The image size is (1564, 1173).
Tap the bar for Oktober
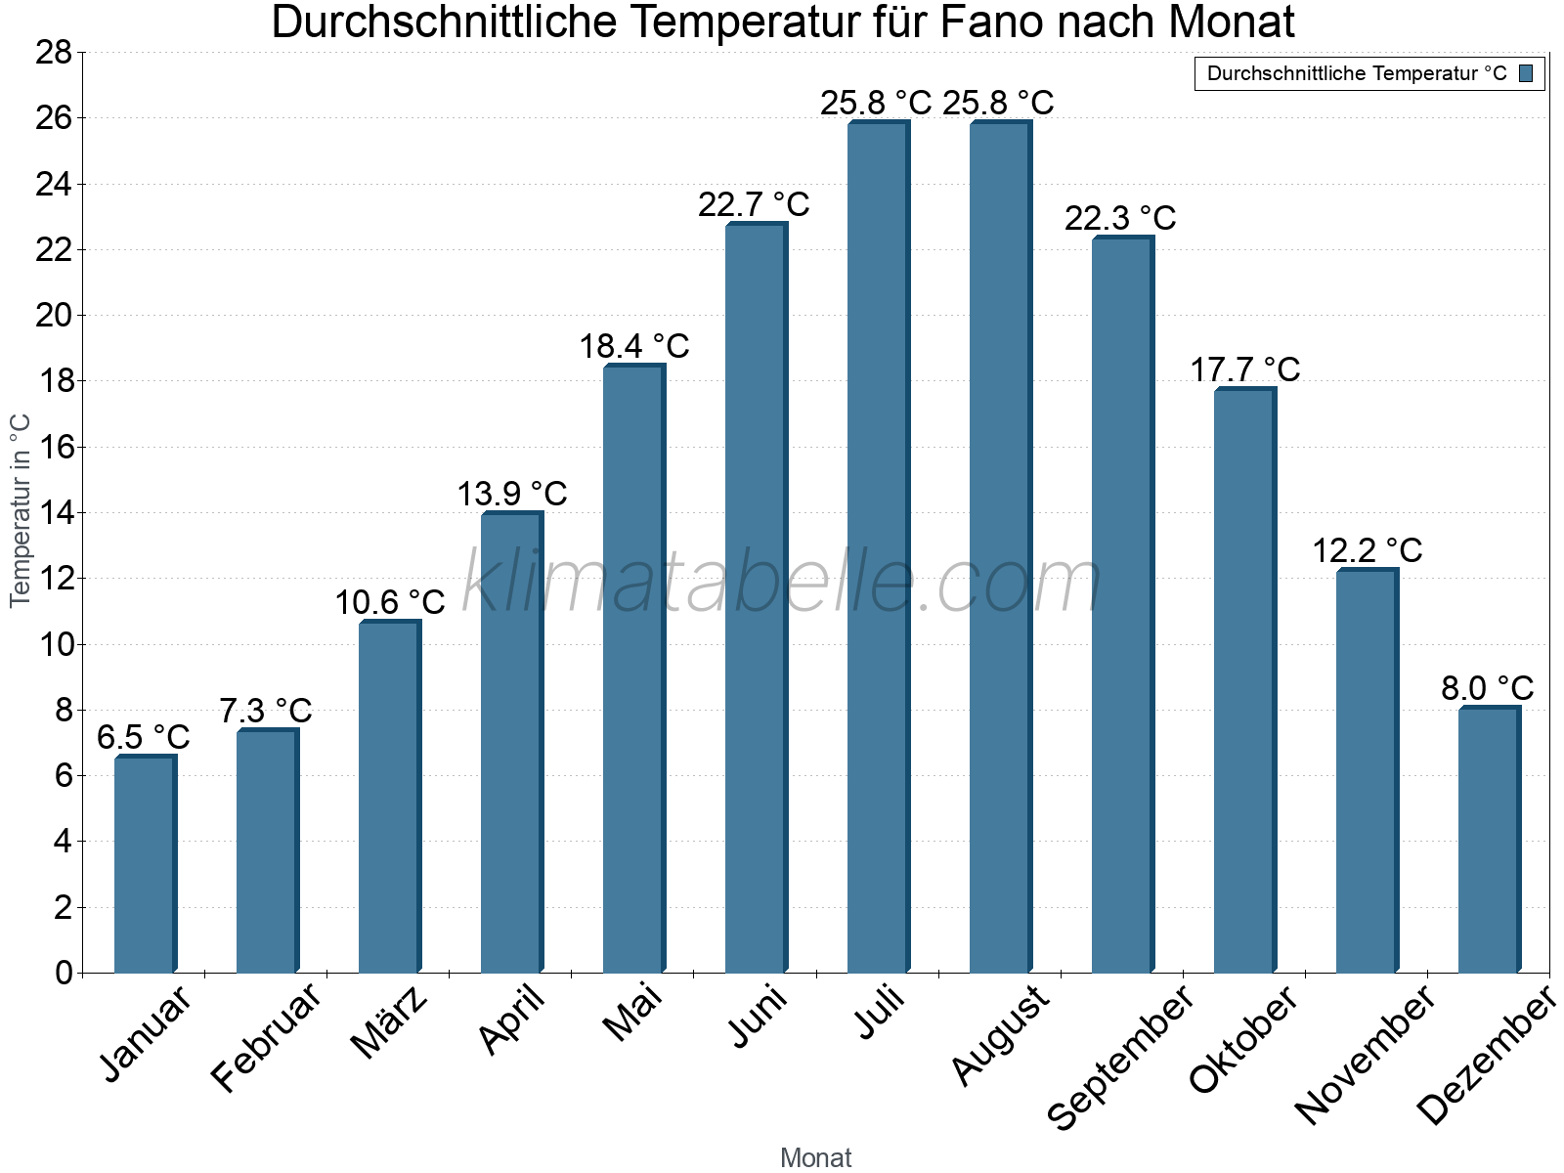tap(1244, 680)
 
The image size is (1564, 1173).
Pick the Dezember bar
tap(1489, 840)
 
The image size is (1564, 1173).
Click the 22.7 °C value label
tap(754, 205)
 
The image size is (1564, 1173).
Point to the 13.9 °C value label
tap(512, 494)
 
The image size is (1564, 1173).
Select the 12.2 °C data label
tap(1367, 551)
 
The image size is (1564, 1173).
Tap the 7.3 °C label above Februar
tap(266, 711)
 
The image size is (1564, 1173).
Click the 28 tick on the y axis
tap(54, 53)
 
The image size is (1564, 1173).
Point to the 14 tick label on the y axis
tap(54, 513)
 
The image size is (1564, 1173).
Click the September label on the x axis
tap(1120, 1056)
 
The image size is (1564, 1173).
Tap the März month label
tap(389, 1022)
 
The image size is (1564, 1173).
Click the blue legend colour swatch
tap(1526, 73)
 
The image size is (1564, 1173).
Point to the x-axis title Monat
tap(816, 1157)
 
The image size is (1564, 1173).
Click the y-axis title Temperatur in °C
tap(21, 510)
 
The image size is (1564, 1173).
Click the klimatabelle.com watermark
tap(782, 584)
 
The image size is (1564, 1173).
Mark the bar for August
tap(1000, 547)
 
